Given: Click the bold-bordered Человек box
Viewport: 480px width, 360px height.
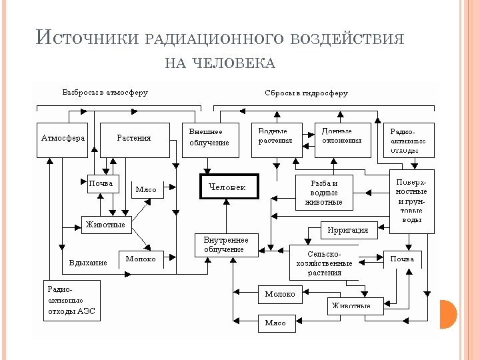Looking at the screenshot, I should point(228,187).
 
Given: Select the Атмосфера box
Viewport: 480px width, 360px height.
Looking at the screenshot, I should point(63,139).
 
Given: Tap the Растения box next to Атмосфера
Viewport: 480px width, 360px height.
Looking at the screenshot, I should point(134,139).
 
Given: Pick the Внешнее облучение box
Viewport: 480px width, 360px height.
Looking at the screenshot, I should point(209,139).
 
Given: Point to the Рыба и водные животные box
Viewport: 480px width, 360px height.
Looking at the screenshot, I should point(324,193).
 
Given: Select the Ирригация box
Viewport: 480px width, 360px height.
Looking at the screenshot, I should point(348,230).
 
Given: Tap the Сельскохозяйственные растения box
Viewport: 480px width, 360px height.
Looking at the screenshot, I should point(324,263).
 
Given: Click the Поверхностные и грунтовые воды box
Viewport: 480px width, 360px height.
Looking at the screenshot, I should point(411,201).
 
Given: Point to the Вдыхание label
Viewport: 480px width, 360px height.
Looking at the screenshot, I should point(88,263).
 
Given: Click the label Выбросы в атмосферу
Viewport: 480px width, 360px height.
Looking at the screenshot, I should point(105,93).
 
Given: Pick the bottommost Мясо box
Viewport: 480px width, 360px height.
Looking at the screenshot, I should point(275,323).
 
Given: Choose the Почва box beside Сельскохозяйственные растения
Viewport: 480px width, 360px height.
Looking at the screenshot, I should point(402,259).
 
